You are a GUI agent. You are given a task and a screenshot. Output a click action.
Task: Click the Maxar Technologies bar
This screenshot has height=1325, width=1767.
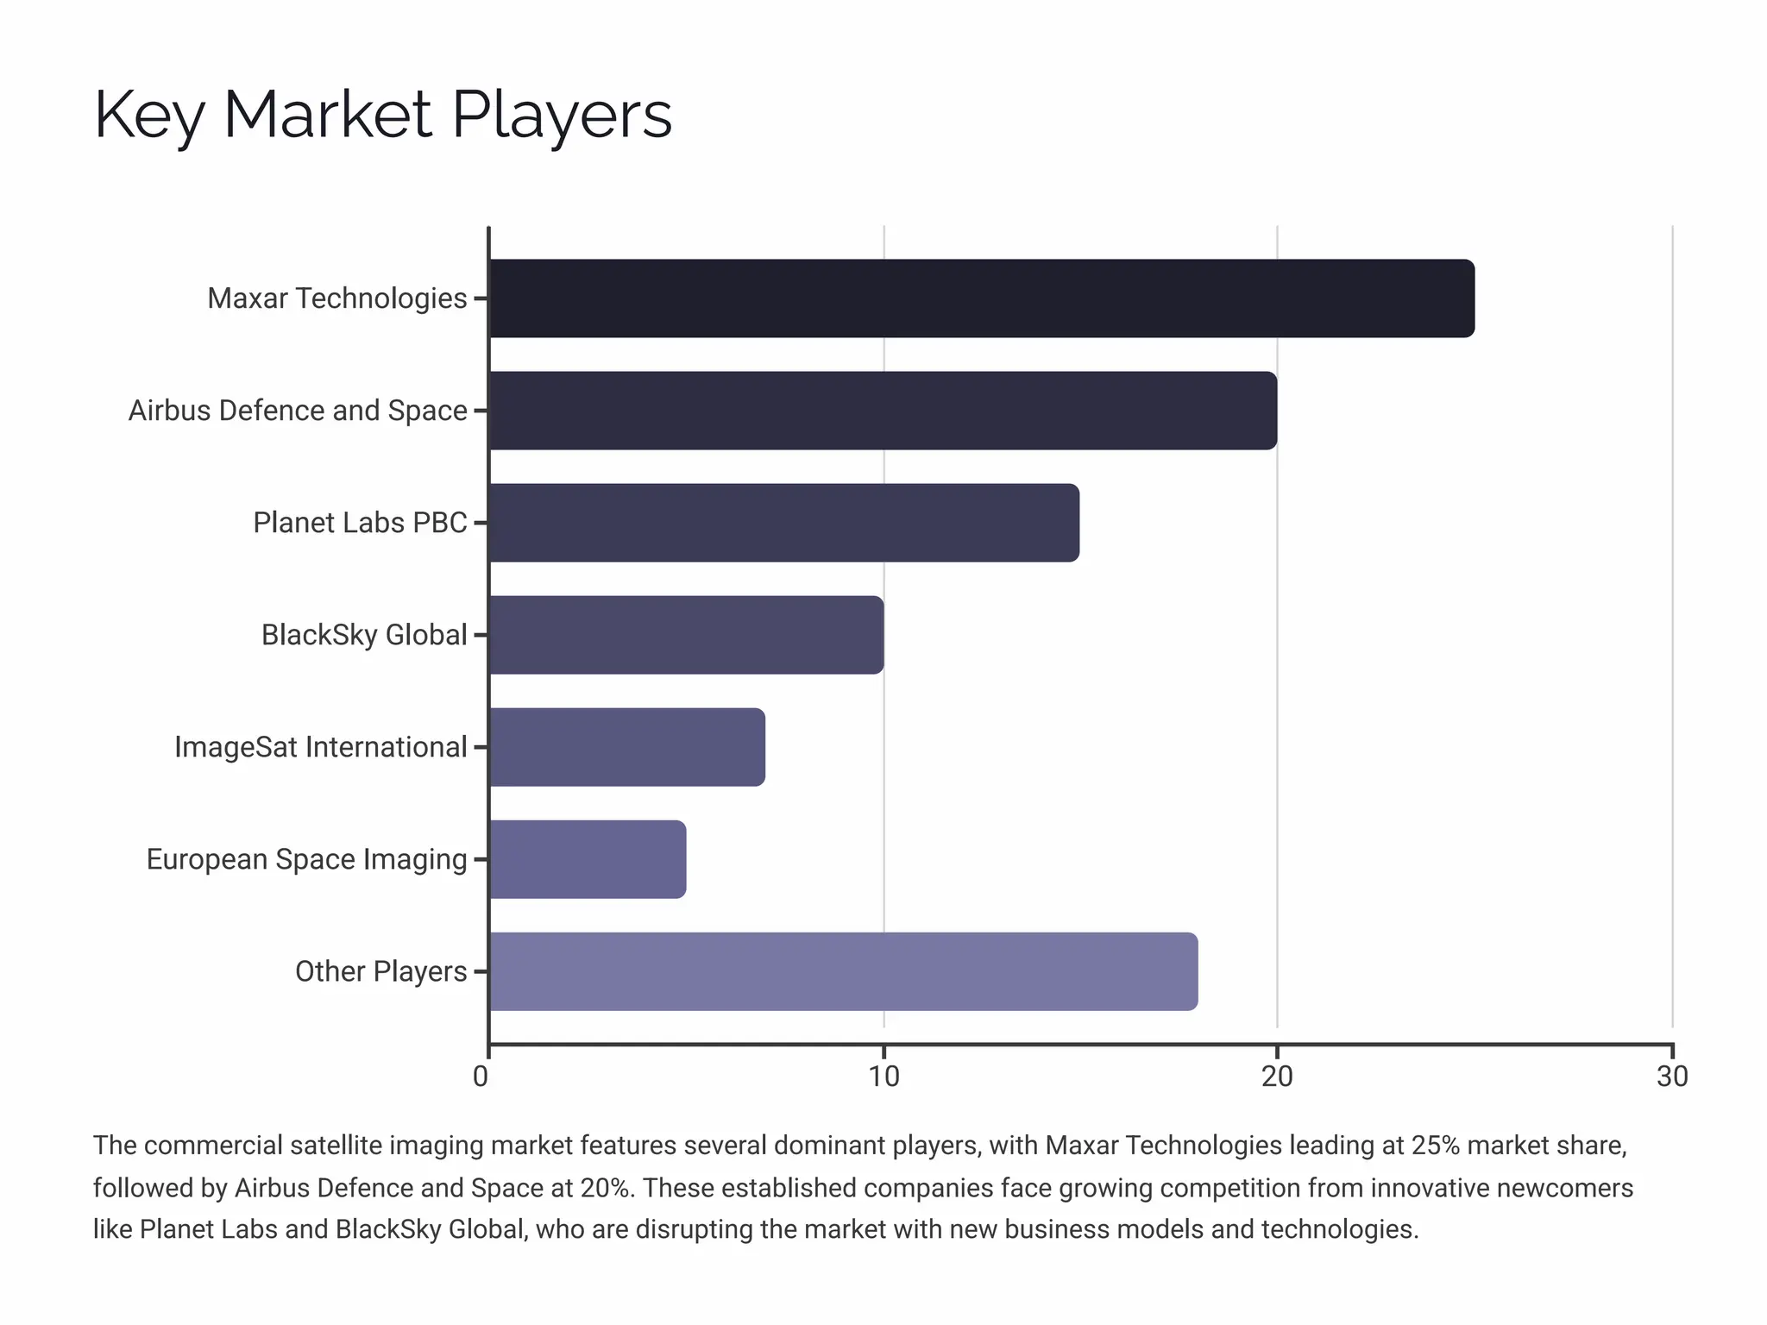[x=981, y=298]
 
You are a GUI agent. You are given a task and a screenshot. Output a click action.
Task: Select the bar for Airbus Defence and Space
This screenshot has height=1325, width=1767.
[x=883, y=411]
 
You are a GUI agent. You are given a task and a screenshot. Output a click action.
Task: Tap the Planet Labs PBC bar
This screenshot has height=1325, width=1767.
[x=783, y=523]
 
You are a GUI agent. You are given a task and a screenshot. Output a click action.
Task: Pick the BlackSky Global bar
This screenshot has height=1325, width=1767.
[x=686, y=635]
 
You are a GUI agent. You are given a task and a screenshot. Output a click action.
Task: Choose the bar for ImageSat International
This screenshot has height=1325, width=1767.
[x=626, y=747]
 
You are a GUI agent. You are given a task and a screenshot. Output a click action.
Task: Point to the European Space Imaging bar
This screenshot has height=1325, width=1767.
[x=588, y=859]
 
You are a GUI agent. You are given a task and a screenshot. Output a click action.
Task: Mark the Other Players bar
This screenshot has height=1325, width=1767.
[x=843, y=971]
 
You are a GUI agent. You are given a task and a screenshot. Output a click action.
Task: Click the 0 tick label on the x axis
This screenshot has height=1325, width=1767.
[x=481, y=1077]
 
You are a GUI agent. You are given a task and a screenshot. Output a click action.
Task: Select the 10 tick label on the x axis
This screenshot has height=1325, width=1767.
[x=883, y=1077]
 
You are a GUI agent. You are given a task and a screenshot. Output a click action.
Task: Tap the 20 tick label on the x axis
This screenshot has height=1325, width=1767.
[x=1277, y=1077]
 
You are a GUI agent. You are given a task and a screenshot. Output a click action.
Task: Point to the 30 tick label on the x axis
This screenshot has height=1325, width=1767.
[x=1672, y=1077]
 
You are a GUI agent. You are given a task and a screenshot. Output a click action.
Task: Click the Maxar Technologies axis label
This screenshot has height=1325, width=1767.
[x=336, y=298]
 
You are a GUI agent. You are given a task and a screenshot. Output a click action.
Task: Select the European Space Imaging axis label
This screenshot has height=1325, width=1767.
[x=306, y=859]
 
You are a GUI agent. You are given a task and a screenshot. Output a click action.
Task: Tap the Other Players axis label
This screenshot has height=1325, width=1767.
[x=380, y=971]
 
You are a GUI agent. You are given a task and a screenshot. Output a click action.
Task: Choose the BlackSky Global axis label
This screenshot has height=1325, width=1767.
[x=364, y=635]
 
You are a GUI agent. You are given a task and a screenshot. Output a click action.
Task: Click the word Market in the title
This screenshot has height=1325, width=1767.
[x=327, y=115]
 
